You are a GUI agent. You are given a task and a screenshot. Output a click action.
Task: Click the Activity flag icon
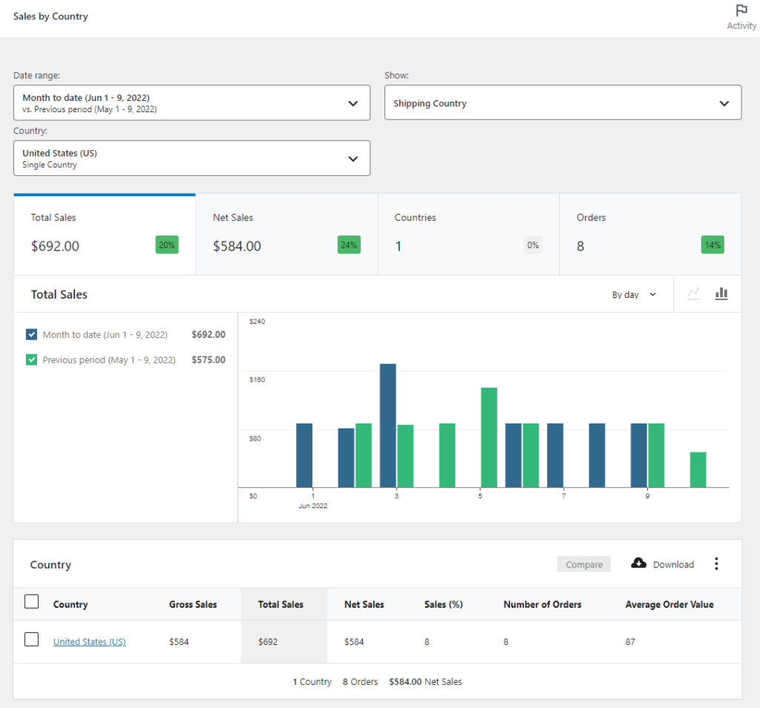coord(741,11)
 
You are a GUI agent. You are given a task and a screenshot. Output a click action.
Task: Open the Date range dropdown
coord(191,103)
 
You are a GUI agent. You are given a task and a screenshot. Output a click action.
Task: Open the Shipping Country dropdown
coord(563,103)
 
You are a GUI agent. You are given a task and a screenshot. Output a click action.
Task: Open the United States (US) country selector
coord(191,158)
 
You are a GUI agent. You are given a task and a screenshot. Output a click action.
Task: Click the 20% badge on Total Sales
coord(167,245)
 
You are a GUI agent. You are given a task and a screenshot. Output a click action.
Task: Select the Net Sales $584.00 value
coord(237,246)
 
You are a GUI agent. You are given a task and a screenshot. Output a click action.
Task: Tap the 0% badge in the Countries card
coord(532,245)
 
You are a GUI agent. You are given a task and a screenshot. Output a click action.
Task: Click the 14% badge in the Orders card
coord(712,245)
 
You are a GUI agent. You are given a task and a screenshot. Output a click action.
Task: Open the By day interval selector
coord(634,295)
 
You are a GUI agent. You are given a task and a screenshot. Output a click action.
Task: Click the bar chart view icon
coord(721,294)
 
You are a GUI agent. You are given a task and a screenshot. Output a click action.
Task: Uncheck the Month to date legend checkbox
coord(31,334)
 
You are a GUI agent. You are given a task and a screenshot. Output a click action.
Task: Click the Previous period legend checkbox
coord(31,360)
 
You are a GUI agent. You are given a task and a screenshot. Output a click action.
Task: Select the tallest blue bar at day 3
coord(387,425)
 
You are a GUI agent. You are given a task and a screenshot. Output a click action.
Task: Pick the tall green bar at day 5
coord(488,437)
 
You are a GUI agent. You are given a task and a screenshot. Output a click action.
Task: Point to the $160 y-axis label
coord(256,380)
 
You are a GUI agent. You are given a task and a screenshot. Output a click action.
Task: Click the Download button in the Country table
coord(663,564)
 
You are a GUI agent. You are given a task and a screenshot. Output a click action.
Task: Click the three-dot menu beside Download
coord(716,564)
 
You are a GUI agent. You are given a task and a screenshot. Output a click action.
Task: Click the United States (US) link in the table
coord(89,642)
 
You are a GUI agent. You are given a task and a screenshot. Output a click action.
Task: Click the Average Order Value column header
coord(669,605)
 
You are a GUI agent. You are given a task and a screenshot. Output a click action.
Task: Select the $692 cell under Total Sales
coord(268,642)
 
